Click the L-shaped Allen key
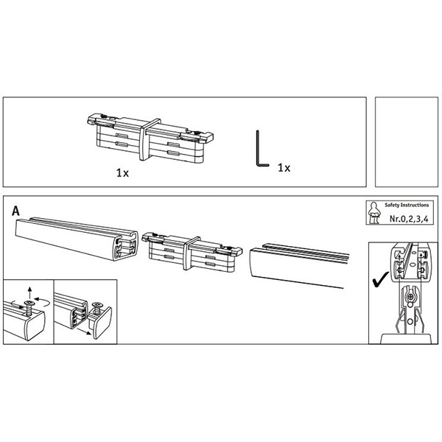tap(258, 152)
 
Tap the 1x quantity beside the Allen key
tap(284, 168)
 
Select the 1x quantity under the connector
tap(122, 173)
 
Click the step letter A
tap(15, 211)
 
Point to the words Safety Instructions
tap(407, 206)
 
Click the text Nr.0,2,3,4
tap(409, 219)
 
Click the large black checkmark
tap(381, 280)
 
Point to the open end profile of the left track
tap(125, 245)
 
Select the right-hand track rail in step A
tap(299, 265)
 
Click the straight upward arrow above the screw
tap(30, 292)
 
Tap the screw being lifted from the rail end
tap(29, 308)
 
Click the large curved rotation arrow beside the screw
tap(43, 302)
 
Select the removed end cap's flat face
tap(102, 323)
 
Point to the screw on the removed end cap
tap(97, 309)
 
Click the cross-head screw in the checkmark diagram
tap(411, 297)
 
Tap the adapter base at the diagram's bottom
tap(406, 339)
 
